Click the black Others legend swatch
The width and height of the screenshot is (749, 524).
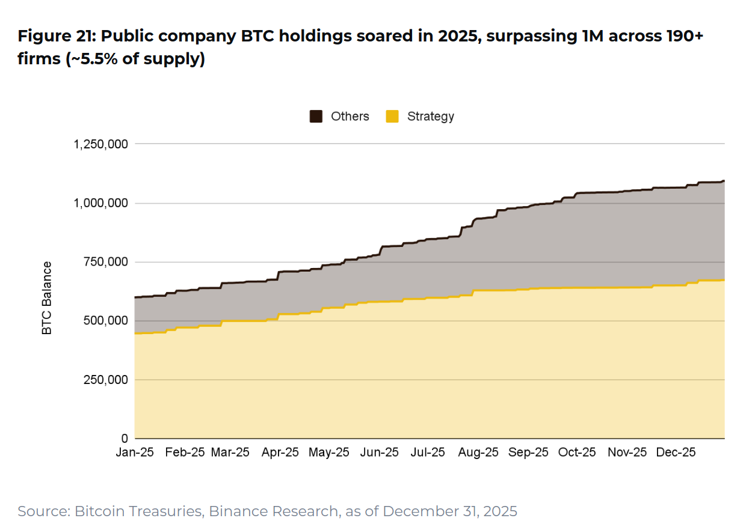tap(316, 117)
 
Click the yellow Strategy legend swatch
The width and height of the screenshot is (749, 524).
tap(392, 117)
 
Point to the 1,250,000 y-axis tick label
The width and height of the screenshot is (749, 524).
tap(100, 144)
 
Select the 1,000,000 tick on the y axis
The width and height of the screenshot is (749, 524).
tap(100, 203)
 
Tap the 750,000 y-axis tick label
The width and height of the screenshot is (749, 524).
tap(105, 262)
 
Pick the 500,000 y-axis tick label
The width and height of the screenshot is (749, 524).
tap(105, 321)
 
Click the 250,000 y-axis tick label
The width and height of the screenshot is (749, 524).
tap(105, 380)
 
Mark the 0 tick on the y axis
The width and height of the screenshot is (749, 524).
tap(124, 439)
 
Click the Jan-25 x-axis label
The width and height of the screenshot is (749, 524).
tap(135, 452)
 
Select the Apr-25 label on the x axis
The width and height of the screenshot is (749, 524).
tap(280, 452)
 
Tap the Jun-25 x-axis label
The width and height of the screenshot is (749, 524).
tap(379, 452)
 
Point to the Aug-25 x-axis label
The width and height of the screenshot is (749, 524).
tap(479, 452)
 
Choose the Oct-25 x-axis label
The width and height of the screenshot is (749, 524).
tap(576, 452)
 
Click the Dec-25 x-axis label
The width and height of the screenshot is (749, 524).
tap(676, 452)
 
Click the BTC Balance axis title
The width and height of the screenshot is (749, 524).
tap(47, 298)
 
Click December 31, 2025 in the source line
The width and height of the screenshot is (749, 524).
tap(449, 511)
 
